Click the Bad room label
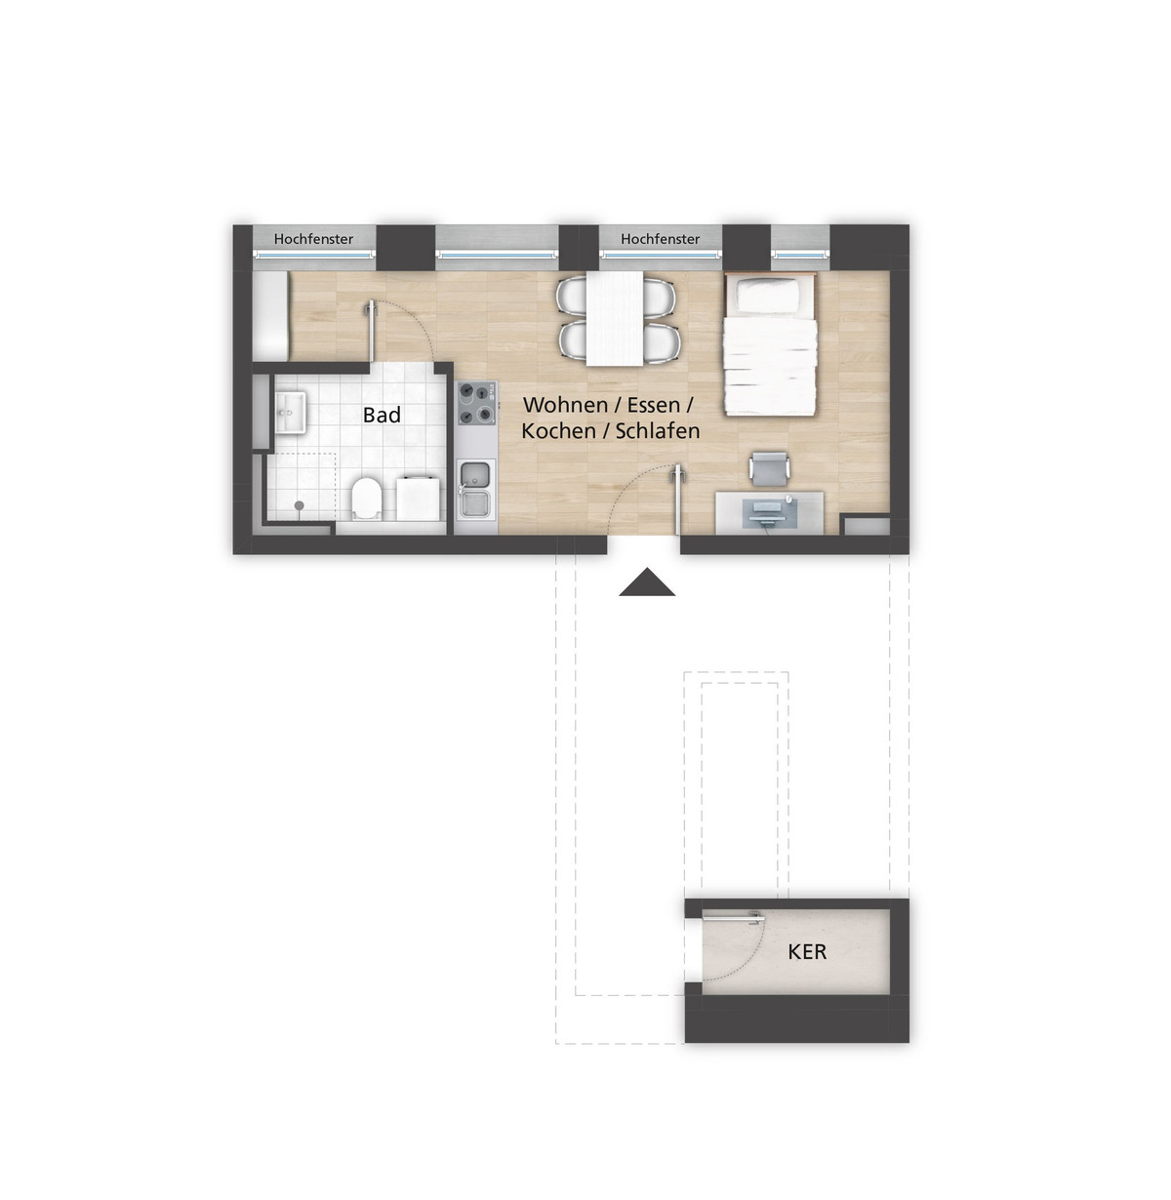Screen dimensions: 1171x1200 (382, 415)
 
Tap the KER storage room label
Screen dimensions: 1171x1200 (807, 951)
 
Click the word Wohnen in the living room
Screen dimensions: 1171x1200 (565, 405)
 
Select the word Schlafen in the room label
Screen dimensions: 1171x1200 (658, 431)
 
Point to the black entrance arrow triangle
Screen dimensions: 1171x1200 (647, 582)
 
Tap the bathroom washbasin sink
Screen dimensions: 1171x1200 (290, 412)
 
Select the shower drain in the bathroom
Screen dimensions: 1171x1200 (299, 505)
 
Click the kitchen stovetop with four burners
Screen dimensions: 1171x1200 (476, 403)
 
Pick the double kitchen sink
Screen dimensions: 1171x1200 (475, 489)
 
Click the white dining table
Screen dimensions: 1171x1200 (615, 318)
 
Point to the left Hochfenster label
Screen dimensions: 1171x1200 (313, 239)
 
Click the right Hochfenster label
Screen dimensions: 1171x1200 (660, 239)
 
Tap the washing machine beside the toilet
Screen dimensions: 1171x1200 (419, 497)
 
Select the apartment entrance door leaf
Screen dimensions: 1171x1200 (677, 500)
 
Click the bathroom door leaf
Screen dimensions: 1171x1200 (371, 332)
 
